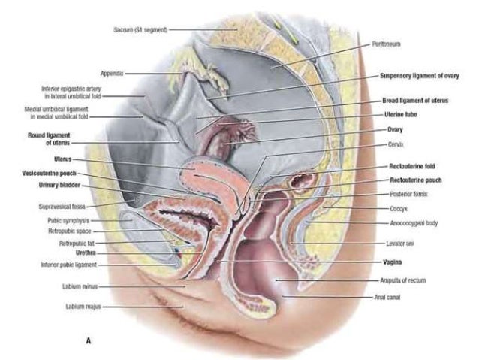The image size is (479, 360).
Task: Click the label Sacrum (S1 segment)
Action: coord(140,29)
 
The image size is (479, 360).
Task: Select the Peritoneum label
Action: coord(386,44)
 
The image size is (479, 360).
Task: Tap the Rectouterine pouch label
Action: coord(415,180)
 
